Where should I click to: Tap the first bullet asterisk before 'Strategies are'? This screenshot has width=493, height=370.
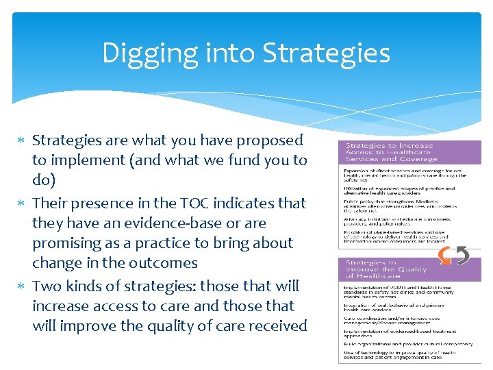[24, 141]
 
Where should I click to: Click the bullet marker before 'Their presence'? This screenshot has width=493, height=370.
[24, 204]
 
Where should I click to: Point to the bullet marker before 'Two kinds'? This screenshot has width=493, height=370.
[24, 287]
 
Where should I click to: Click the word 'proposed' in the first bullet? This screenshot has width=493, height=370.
[269, 140]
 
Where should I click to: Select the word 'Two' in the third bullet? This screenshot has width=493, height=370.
[46, 286]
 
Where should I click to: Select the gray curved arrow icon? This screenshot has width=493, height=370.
[463, 256]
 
